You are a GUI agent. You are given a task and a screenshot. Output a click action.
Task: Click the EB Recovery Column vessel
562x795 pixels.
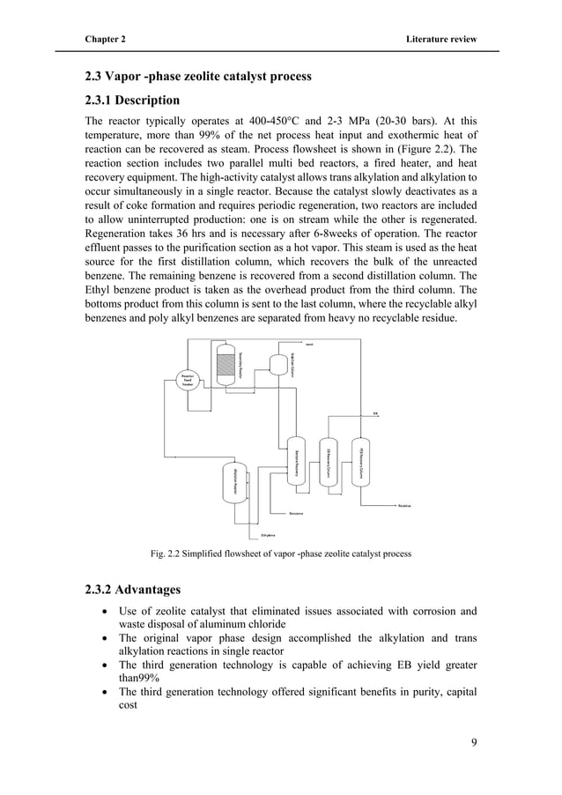[328, 459]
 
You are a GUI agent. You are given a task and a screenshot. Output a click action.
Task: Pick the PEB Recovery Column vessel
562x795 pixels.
[360, 459]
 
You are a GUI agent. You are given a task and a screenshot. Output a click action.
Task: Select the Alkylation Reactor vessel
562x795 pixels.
[235, 481]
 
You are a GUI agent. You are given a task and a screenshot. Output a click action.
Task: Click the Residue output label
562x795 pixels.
[405, 506]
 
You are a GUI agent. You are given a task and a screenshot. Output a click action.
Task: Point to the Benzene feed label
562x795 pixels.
[297, 512]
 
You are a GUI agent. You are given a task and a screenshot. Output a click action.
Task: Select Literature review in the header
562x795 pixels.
[440, 40]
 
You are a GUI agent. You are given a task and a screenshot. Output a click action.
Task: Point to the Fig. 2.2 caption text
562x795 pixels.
[280, 554]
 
